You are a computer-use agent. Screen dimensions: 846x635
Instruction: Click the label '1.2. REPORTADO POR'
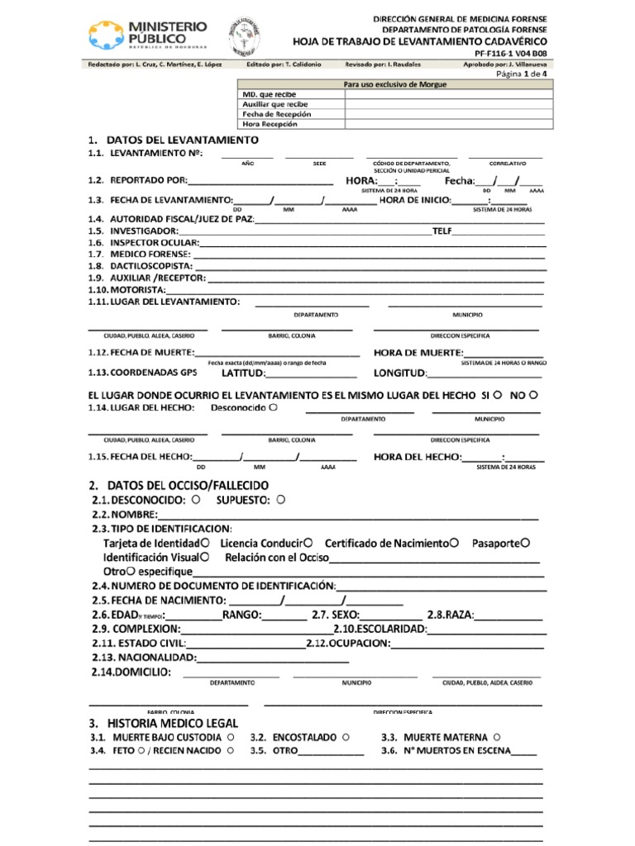tap(137, 181)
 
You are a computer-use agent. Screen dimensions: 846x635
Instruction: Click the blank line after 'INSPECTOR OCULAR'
tap(372, 243)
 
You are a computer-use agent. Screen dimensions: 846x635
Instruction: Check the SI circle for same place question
tap(498, 395)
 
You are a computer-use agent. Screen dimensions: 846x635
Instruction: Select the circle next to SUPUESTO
tap(281, 500)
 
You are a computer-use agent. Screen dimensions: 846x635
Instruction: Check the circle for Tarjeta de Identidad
tap(203, 543)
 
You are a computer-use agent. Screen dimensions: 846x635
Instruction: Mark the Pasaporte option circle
tap(525, 543)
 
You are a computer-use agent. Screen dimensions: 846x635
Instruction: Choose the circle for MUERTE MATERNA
tap(495, 736)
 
